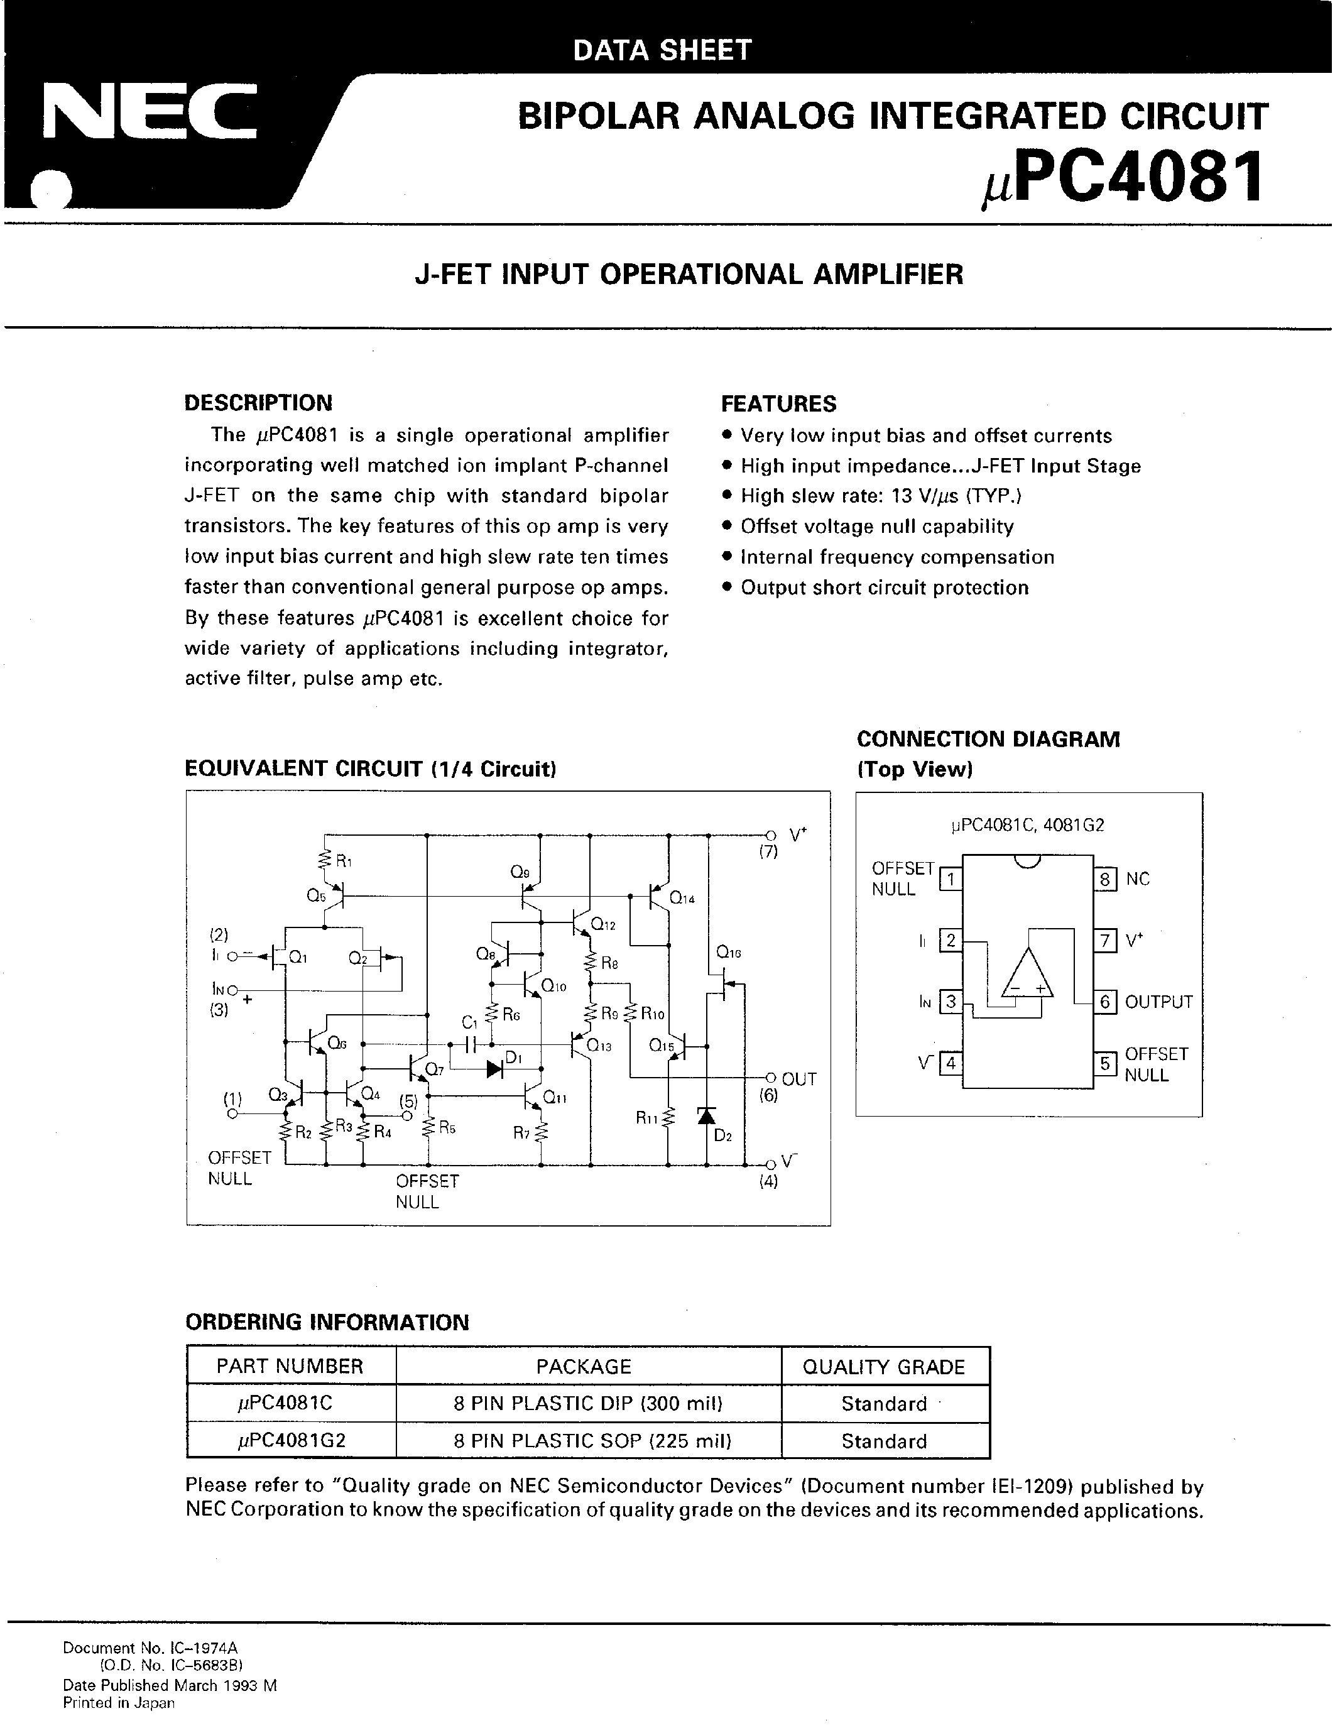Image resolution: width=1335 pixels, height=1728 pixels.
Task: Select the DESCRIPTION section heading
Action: (x=258, y=403)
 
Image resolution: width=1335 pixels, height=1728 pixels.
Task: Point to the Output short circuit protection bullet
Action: (x=884, y=587)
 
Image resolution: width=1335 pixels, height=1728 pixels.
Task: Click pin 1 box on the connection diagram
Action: (x=950, y=879)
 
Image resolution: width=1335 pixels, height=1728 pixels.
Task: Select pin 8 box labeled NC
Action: (x=1105, y=879)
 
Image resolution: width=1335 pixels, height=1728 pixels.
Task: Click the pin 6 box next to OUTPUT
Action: (x=1105, y=1002)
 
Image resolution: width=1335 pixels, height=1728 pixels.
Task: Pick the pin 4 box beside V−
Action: (x=950, y=1063)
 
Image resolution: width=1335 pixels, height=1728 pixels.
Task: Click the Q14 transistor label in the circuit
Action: (x=682, y=898)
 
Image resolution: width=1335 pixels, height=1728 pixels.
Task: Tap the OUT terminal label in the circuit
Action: (x=798, y=1079)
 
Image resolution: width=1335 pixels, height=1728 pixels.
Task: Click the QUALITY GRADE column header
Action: (x=883, y=1367)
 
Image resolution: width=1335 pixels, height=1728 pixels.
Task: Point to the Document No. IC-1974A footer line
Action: (x=150, y=1648)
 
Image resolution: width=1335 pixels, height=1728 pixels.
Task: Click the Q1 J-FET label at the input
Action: (x=297, y=958)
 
